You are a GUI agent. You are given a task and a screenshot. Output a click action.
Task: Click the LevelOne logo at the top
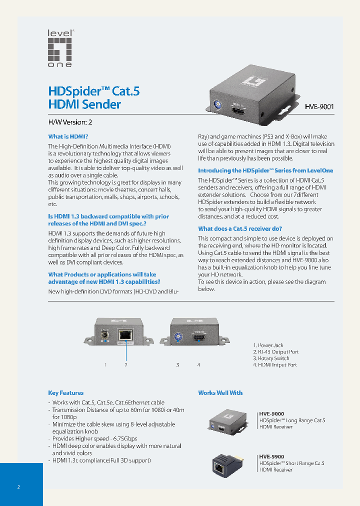[x=60, y=48]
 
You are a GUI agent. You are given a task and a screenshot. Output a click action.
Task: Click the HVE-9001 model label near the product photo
[x=319, y=106]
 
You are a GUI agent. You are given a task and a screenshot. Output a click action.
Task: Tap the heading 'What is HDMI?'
[x=68, y=136]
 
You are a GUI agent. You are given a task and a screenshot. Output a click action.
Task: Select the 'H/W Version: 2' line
[x=70, y=121]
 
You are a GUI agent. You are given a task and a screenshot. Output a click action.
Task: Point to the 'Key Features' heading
[x=66, y=393]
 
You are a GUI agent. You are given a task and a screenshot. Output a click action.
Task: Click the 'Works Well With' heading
[x=220, y=393]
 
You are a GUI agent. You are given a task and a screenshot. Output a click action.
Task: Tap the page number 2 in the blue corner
[x=18, y=486]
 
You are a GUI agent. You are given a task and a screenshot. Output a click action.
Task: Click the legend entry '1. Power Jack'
[x=268, y=345]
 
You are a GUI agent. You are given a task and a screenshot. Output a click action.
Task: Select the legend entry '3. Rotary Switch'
[x=271, y=358]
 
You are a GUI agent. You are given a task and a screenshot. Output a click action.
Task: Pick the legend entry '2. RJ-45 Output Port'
[x=276, y=352]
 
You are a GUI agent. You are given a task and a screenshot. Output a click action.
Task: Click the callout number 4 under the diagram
[x=198, y=365]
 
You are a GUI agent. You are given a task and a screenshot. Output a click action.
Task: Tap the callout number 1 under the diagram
[x=105, y=365]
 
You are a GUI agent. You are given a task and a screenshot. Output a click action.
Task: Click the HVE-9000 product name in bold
[x=271, y=414]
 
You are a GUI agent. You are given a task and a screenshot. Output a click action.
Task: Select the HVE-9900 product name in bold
[x=271, y=456]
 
